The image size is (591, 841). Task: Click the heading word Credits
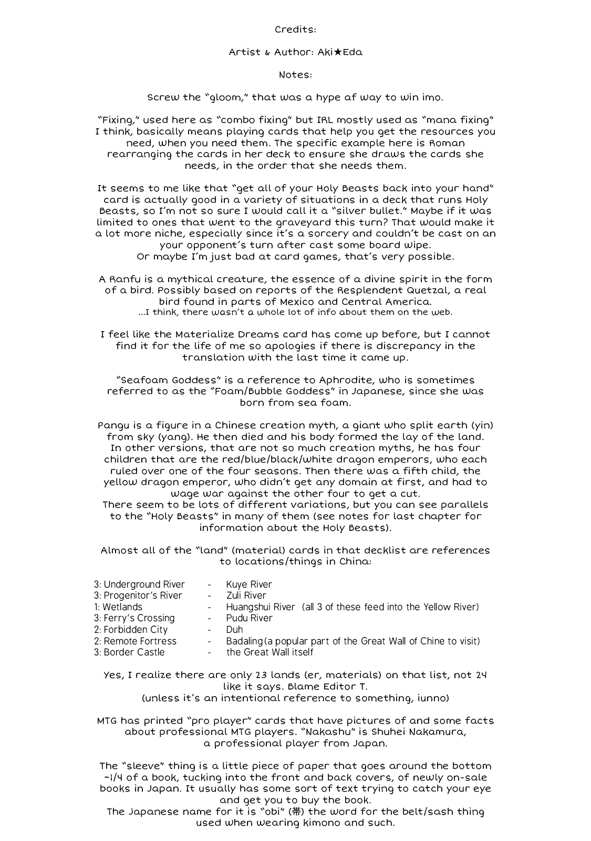tap(295, 29)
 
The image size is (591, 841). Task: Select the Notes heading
tap(295, 75)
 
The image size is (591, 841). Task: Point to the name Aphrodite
tap(344, 380)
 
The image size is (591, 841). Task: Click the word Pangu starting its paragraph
tap(112, 425)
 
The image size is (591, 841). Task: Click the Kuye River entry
tap(249, 584)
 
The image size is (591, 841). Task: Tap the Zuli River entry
tap(246, 596)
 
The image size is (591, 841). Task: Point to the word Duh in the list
tap(234, 630)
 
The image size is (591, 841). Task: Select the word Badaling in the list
tap(245, 641)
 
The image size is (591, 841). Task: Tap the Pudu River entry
tap(249, 618)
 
